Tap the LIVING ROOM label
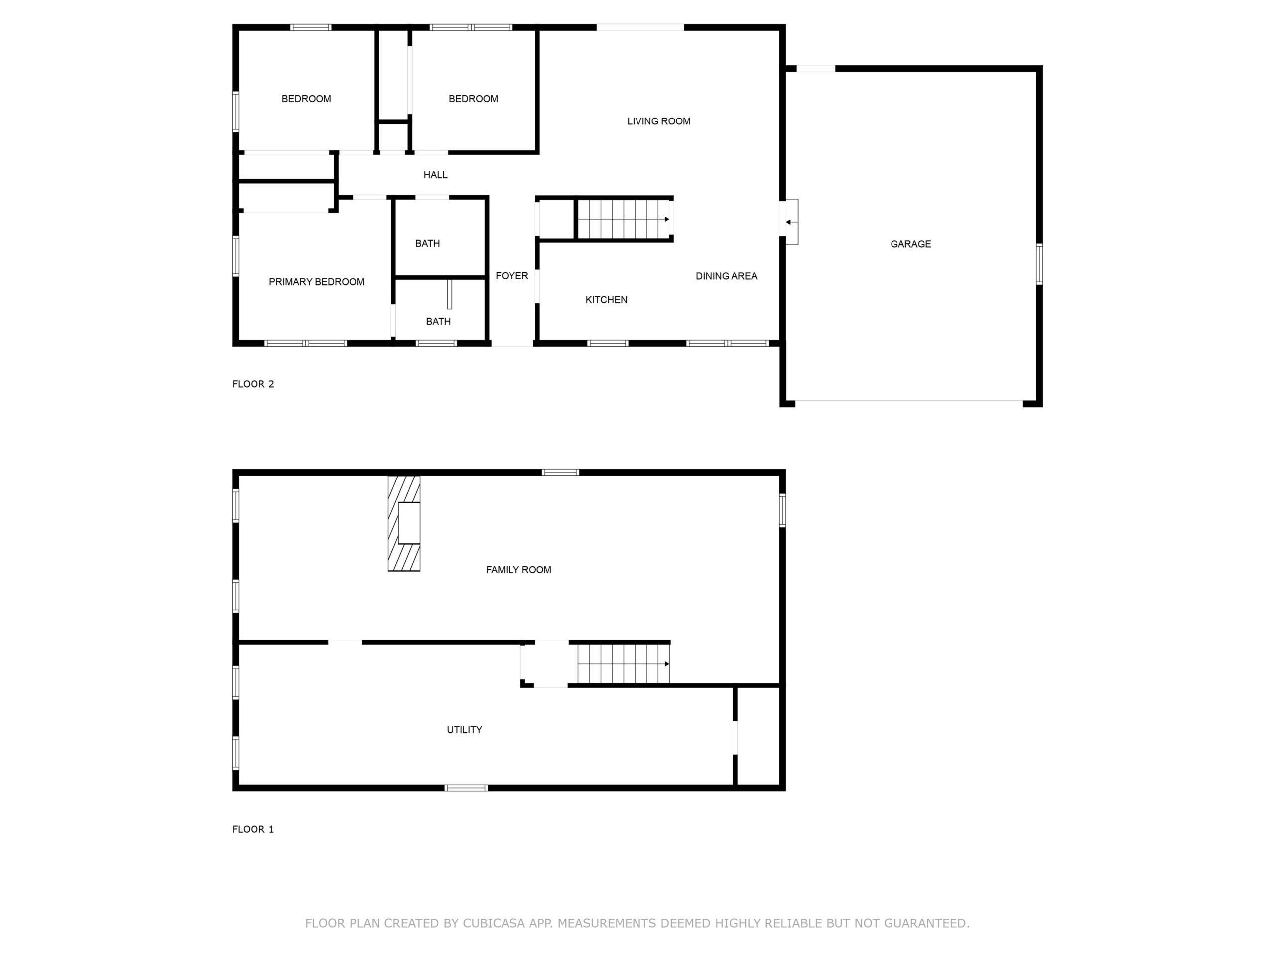pos(659,121)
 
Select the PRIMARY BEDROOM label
pos(316,282)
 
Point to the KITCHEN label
pos(607,300)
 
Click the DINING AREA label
pos(726,276)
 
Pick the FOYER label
pos(512,276)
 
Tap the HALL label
pos(435,175)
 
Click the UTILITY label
pos(465,730)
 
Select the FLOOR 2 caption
pos(253,384)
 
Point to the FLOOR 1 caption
pos(253,829)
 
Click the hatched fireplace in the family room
pos(404,523)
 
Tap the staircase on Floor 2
pos(624,219)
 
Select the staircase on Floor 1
pos(624,664)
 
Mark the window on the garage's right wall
pos(1039,264)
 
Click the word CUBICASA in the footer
pos(494,923)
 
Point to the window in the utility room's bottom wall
pos(466,788)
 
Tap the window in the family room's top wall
pos(561,473)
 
